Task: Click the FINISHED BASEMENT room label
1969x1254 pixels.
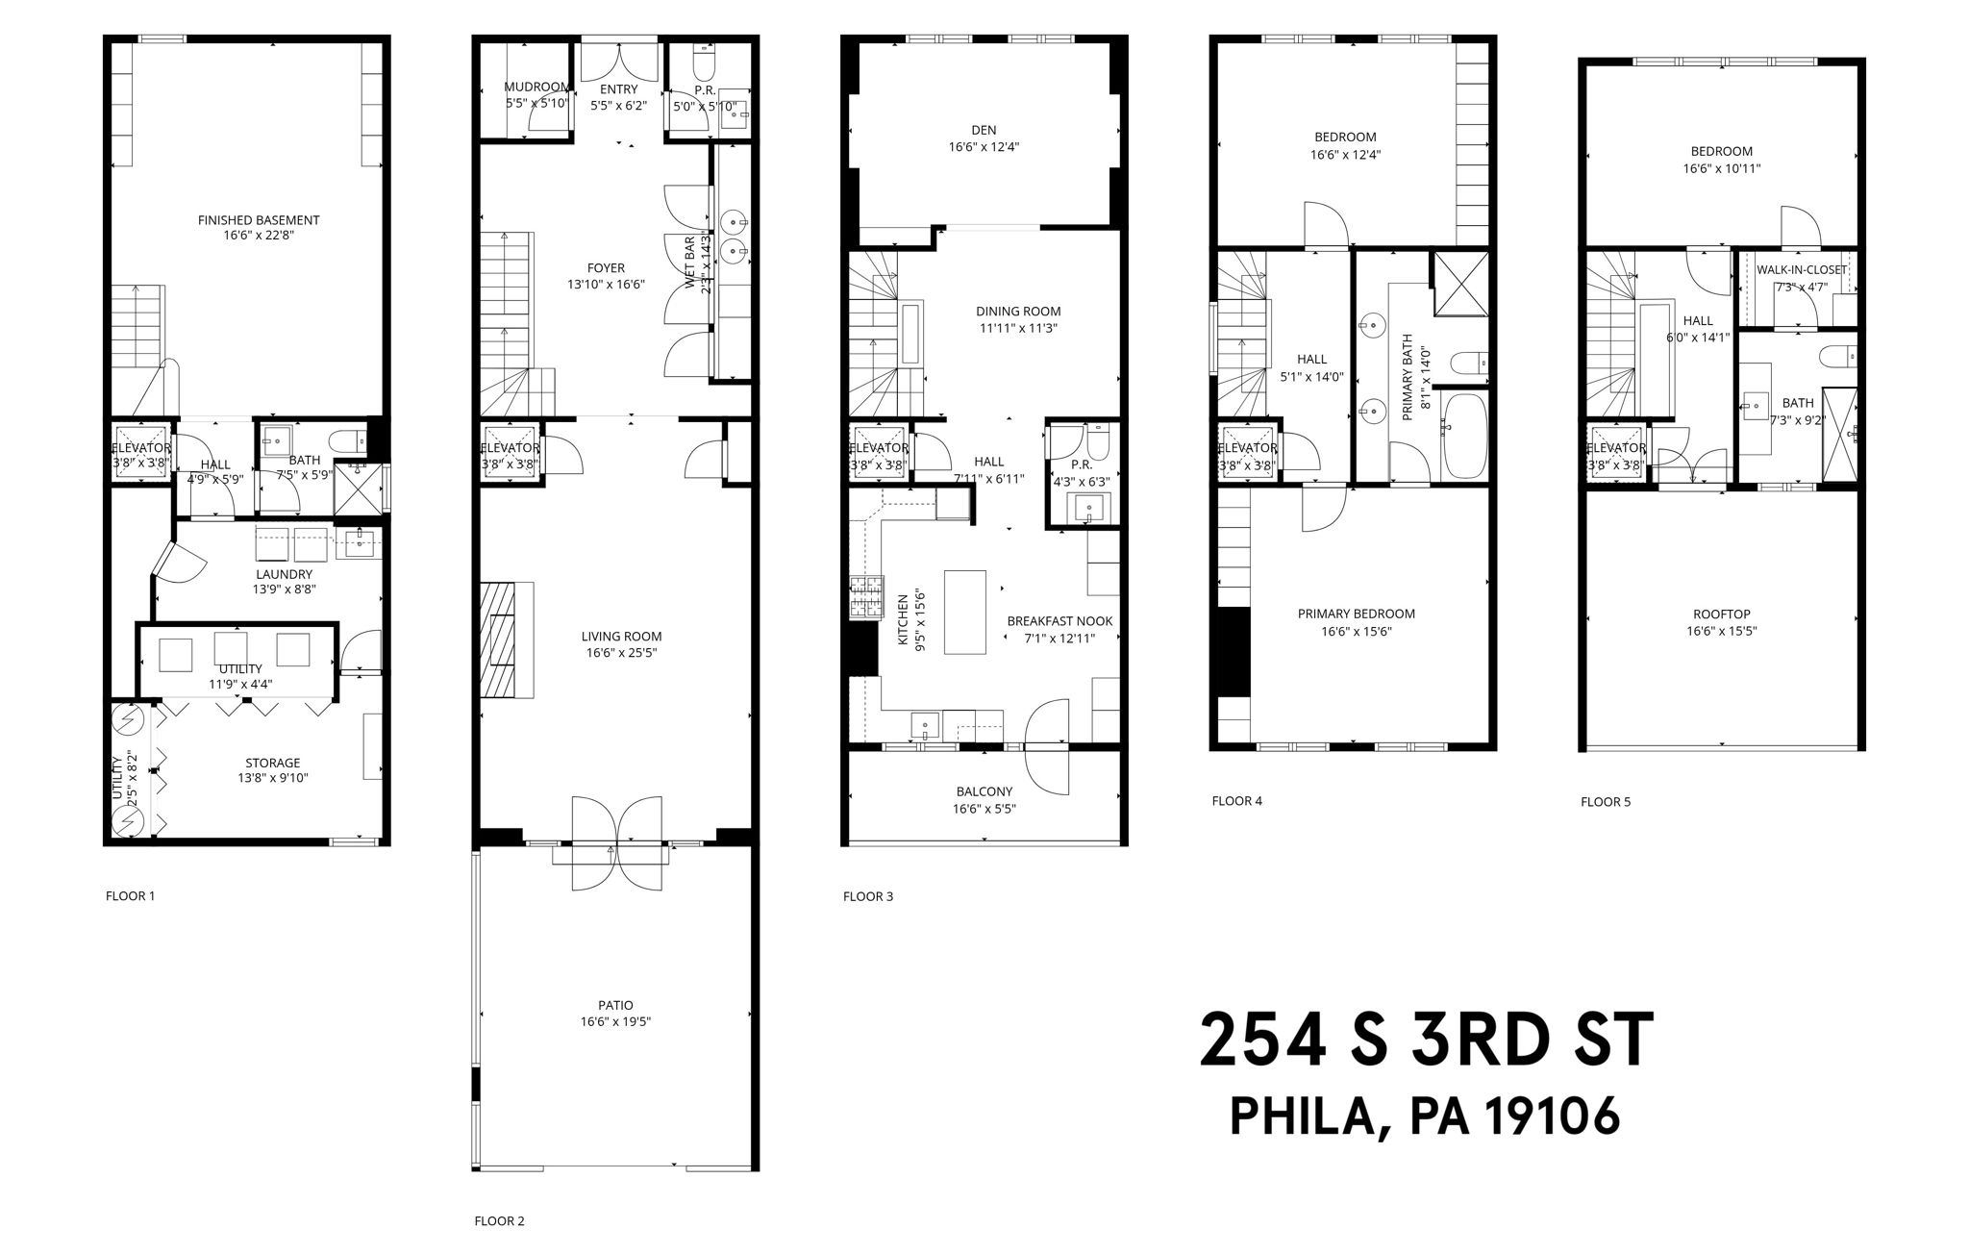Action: pyautogui.click(x=259, y=220)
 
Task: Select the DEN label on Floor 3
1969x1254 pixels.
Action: pyautogui.click(x=984, y=130)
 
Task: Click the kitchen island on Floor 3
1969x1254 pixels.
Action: pyautogui.click(x=965, y=612)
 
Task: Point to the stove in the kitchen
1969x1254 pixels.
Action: pyautogui.click(x=865, y=596)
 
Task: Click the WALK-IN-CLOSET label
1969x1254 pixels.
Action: pyautogui.click(x=1802, y=270)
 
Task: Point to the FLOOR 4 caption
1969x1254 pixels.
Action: pyautogui.click(x=1236, y=800)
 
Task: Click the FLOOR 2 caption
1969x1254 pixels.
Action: pyautogui.click(x=499, y=1221)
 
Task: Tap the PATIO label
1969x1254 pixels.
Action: pyautogui.click(x=615, y=1005)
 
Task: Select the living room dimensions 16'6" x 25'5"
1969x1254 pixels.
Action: pyautogui.click(x=621, y=653)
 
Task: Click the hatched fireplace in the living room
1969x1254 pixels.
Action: pyautogui.click(x=500, y=640)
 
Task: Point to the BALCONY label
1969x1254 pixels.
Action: pyautogui.click(x=984, y=791)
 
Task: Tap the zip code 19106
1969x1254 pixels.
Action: pyautogui.click(x=1553, y=1116)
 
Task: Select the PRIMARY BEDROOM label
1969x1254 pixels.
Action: pyautogui.click(x=1356, y=614)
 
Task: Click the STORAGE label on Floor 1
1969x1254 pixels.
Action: pyautogui.click(x=272, y=763)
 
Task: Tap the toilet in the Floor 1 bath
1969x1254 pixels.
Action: pyautogui.click(x=347, y=441)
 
